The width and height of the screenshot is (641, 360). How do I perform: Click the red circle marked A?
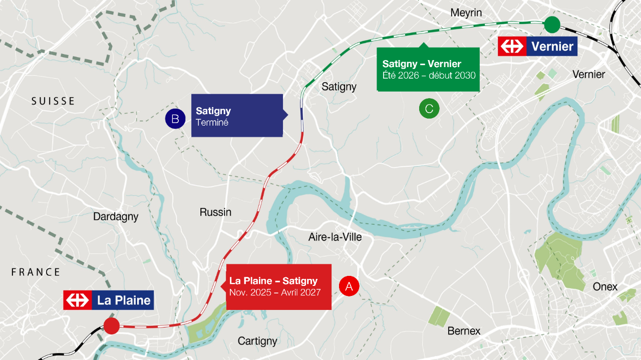(x=349, y=286)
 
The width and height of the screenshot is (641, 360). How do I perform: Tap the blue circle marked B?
(x=175, y=119)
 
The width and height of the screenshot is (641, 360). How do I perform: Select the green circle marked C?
(x=429, y=108)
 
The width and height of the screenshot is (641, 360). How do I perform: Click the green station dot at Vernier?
(x=551, y=24)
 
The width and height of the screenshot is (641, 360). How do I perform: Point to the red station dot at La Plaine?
(x=111, y=326)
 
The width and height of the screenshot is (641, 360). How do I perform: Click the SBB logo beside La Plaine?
(x=77, y=300)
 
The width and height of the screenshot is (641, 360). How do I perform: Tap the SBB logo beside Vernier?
(x=511, y=47)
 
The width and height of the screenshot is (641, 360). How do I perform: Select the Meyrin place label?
(x=466, y=13)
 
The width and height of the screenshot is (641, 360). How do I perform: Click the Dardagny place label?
(x=116, y=217)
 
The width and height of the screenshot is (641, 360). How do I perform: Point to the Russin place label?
(x=215, y=212)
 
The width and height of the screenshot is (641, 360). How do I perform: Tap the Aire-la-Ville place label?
(x=335, y=237)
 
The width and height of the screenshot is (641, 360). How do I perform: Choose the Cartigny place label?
(x=257, y=341)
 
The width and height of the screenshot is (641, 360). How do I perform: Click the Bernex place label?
(x=464, y=331)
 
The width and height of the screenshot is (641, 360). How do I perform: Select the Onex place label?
(x=605, y=287)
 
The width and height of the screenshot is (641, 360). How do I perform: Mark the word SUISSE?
(x=53, y=101)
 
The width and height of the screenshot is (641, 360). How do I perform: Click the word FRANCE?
(x=36, y=272)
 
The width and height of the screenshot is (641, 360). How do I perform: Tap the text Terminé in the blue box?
(x=212, y=123)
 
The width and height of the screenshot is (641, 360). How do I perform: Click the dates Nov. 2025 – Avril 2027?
(x=275, y=292)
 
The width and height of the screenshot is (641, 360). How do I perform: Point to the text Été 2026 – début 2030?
(x=429, y=76)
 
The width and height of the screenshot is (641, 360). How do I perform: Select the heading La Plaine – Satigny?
(x=273, y=281)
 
